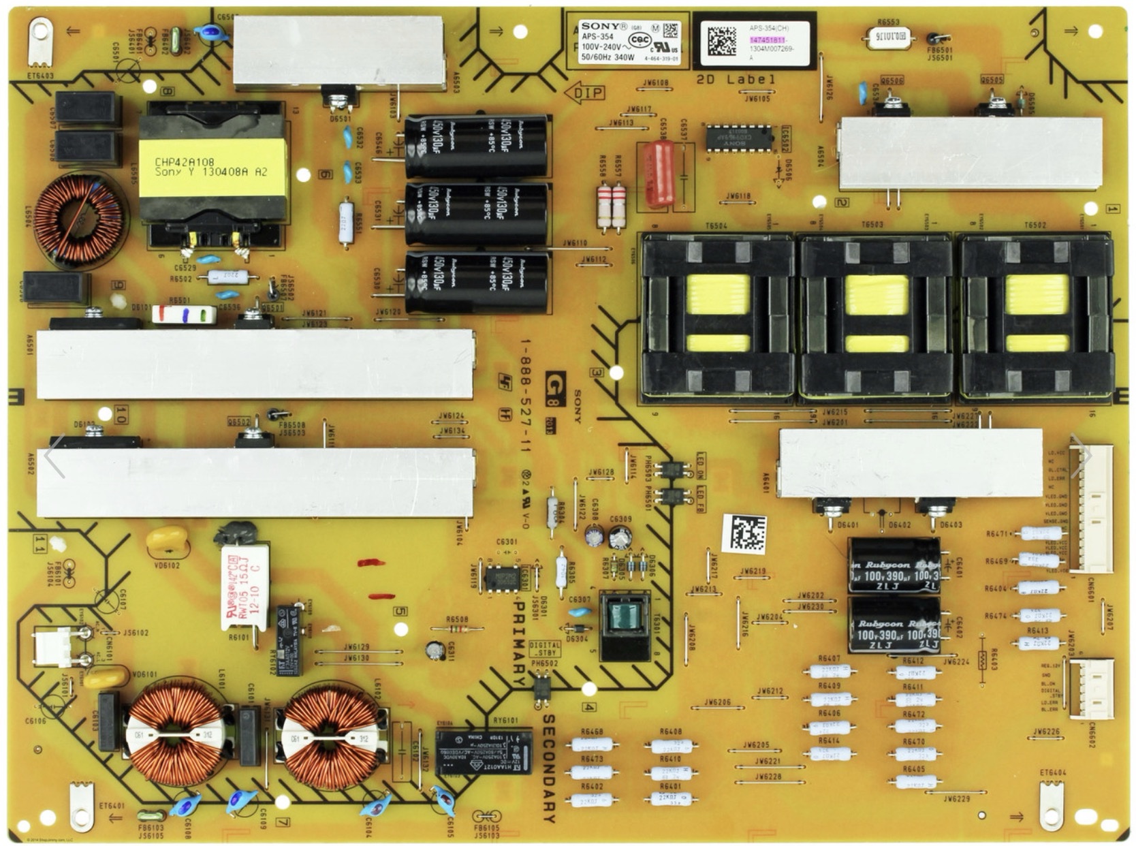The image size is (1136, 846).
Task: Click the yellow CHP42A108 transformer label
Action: click(x=212, y=168)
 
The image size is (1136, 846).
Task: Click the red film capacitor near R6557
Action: click(x=659, y=174)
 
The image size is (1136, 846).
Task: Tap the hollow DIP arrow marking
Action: click(x=585, y=93)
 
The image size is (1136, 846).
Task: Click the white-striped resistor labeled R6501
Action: click(x=183, y=314)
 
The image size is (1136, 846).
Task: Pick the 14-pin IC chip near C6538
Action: click(x=739, y=138)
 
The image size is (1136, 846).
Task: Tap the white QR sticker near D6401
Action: click(x=744, y=533)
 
